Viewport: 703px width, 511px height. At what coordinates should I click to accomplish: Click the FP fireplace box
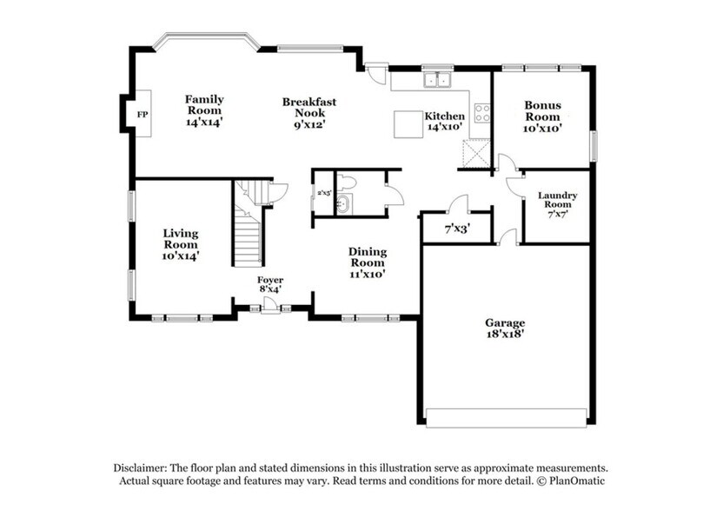[143, 114]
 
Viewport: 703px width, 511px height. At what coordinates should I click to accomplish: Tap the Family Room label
[204, 111]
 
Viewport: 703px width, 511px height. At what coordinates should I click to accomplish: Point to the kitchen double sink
[437, 81]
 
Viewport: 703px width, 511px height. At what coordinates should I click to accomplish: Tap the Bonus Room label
[542, 116]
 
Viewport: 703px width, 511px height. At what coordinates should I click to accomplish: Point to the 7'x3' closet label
[457, 230]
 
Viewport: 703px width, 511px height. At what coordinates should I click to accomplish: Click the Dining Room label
[368, 262]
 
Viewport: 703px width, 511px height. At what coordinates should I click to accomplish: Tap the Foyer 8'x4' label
[269, 284]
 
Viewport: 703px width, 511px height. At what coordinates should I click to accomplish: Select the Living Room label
[181, 244]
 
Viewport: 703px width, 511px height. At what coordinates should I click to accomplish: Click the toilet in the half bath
[348, 182]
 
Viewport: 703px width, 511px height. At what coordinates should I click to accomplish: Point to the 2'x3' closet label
[323, 193]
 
